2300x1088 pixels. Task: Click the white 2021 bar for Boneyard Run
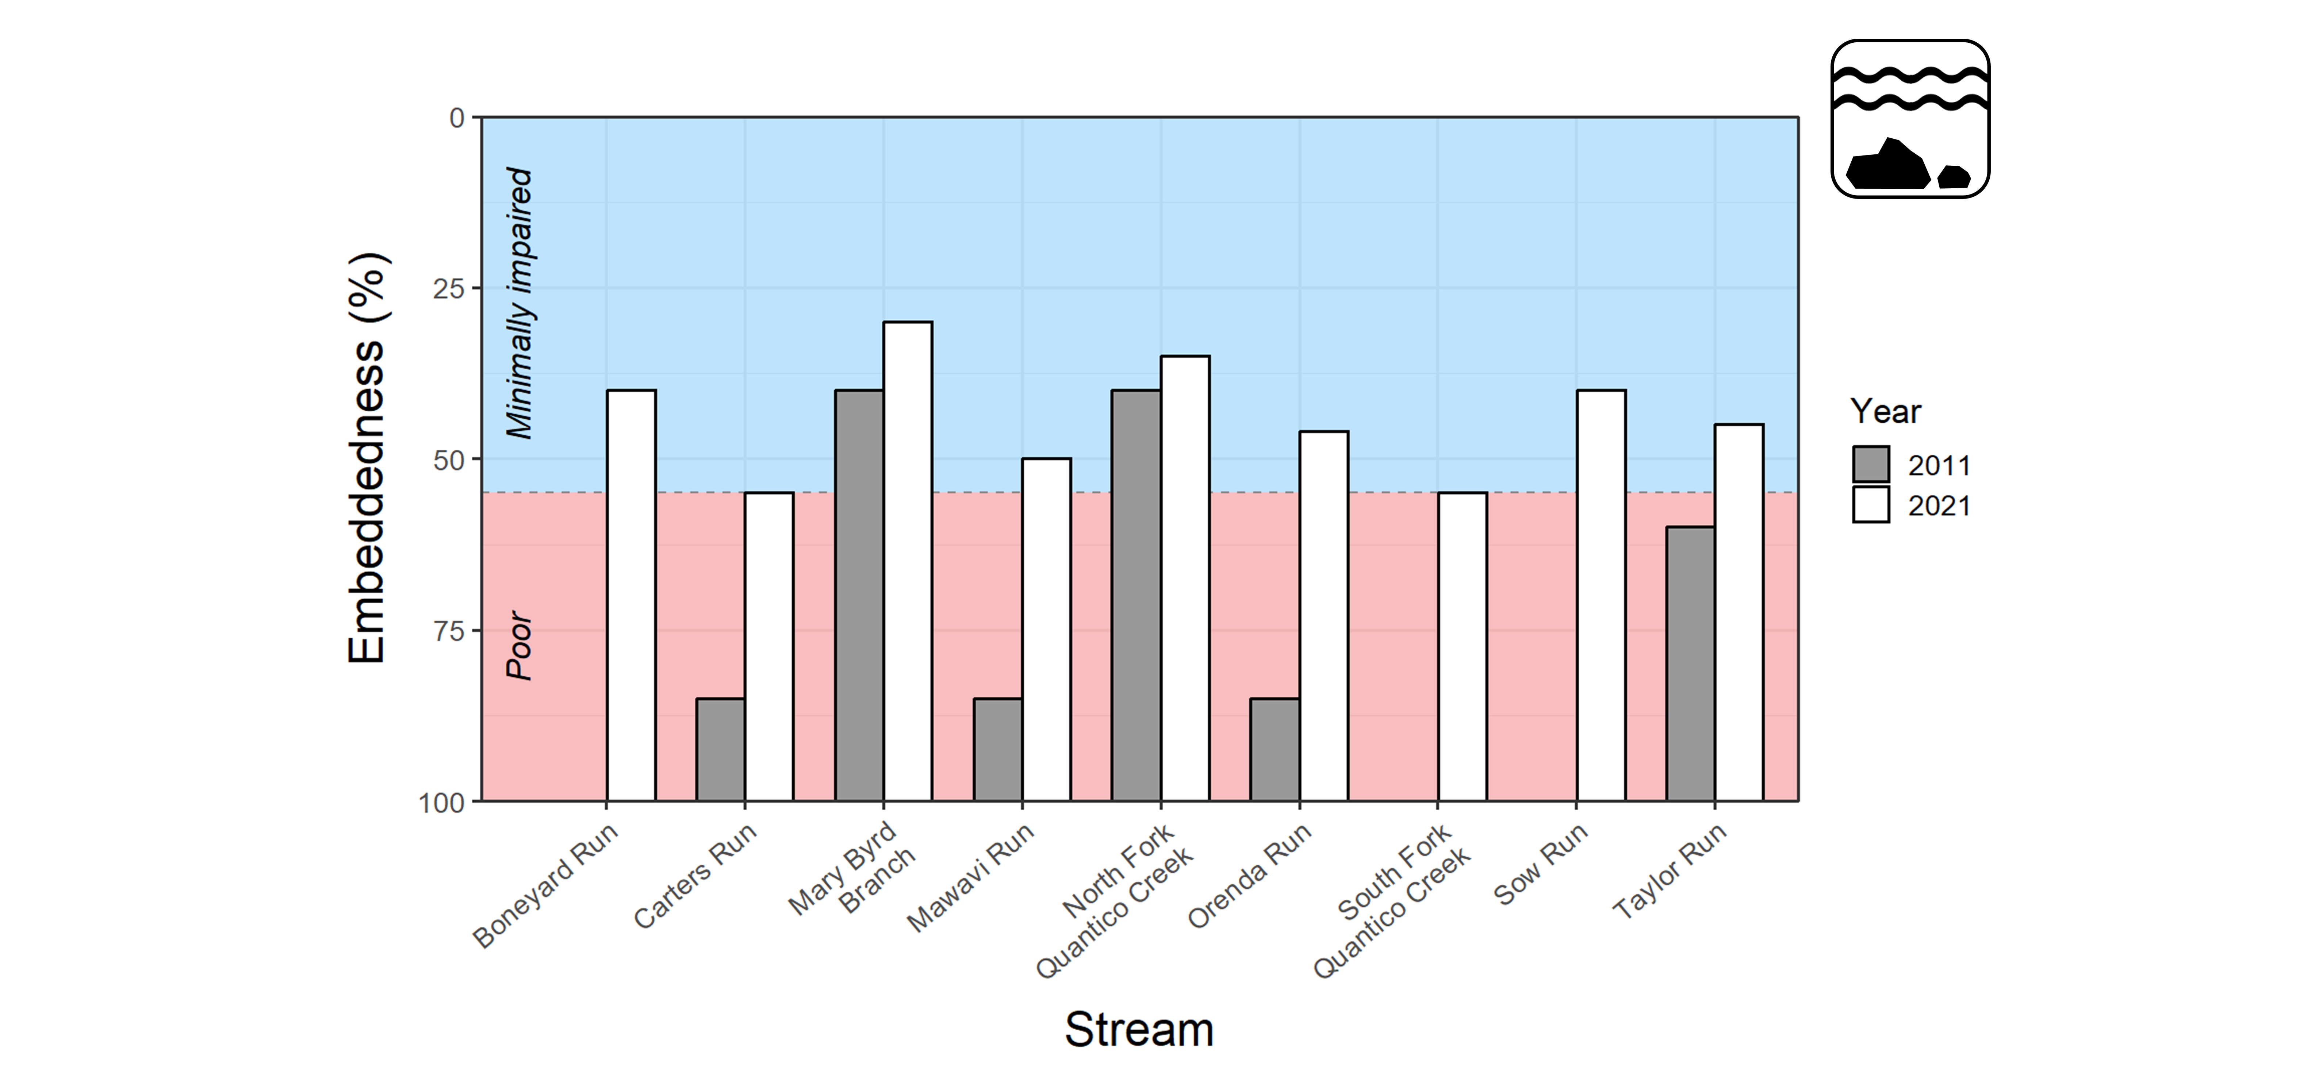(631, 595)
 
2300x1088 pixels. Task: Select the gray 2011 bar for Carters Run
(721, 750)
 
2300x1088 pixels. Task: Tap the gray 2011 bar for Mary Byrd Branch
(859, 595)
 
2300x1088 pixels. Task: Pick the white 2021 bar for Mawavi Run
(1046, 629)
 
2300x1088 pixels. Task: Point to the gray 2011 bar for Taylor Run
(1690, 664)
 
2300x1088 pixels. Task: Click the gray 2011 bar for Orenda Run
(1274, 750)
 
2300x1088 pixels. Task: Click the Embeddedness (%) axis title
(367, 458)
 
